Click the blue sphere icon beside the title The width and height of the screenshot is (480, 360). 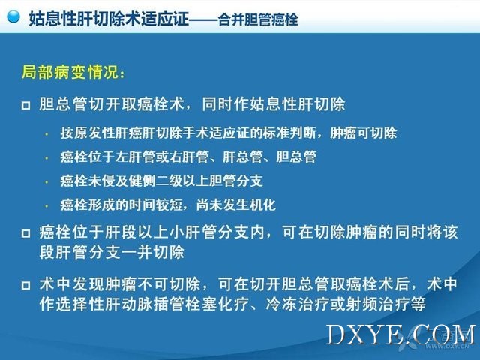pos(13,16)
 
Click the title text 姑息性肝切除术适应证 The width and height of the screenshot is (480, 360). pos(109,18)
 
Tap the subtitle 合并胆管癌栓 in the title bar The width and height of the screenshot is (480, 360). pos(258,19)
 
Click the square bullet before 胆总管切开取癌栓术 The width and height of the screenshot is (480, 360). pos(26,105)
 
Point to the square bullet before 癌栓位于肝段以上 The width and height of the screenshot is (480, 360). pos(26,233)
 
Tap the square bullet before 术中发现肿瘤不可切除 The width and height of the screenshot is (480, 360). pos(26,285)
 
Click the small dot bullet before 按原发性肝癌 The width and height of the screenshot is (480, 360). pos(46,134)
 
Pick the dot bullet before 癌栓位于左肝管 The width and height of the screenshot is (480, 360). pos(46,158)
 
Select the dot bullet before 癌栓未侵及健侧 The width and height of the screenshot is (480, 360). pos(46,181)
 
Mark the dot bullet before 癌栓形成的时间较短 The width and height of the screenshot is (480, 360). pos(46,205)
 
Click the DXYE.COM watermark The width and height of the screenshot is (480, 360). pos(401,334)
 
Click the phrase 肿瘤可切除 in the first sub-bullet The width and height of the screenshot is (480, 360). pos(363,133)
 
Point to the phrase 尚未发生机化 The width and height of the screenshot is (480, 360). pos(236,205)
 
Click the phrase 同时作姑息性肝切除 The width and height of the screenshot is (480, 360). pos(273,104)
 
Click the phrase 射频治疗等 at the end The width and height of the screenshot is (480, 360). pos(385,304)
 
